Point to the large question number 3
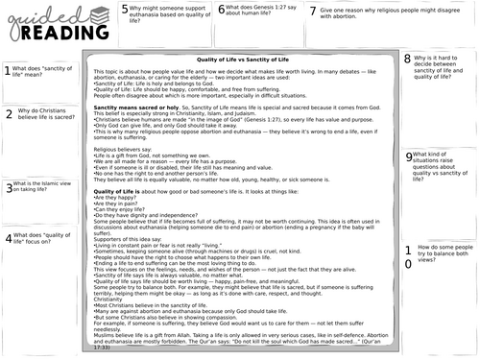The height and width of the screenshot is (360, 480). point(8,189)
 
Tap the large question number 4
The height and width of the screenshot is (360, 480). point(9,237)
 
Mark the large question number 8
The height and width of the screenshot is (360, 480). point(407,59)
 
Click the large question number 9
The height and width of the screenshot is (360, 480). point(410,155)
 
